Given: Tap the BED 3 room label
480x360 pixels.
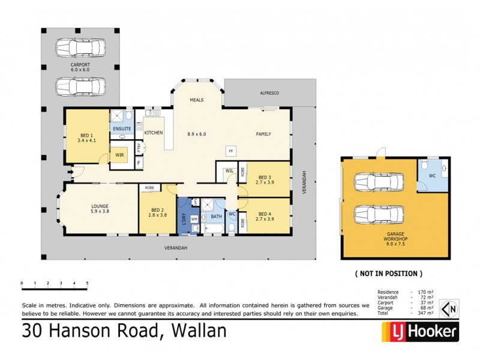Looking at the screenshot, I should point(265,180).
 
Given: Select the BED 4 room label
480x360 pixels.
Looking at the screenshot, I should point(265,217).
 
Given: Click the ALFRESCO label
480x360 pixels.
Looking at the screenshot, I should point(269,94).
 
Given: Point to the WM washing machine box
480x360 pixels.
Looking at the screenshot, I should point(194,220).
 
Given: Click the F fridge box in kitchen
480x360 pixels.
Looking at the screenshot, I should point(139,163).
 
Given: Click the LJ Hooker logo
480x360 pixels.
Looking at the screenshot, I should point(420,331).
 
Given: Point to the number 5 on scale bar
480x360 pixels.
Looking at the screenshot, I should point(87,283).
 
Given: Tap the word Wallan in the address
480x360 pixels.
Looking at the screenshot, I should point(199,331).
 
